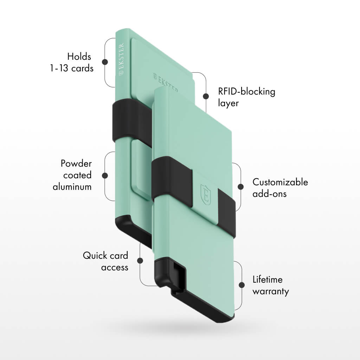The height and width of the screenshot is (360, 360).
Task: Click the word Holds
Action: point(79,57)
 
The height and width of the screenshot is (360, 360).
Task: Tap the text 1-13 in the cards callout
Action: point(59,68)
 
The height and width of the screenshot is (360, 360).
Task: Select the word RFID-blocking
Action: point(246,91)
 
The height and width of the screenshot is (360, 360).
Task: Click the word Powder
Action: point(76,163)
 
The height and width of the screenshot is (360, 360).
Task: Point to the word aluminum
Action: point(72,187)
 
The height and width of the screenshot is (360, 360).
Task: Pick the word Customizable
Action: point(280,182)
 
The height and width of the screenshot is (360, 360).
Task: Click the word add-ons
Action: point(270,194)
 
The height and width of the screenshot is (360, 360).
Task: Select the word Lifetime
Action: point(268,279)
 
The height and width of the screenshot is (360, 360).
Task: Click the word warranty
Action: point(271,291)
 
